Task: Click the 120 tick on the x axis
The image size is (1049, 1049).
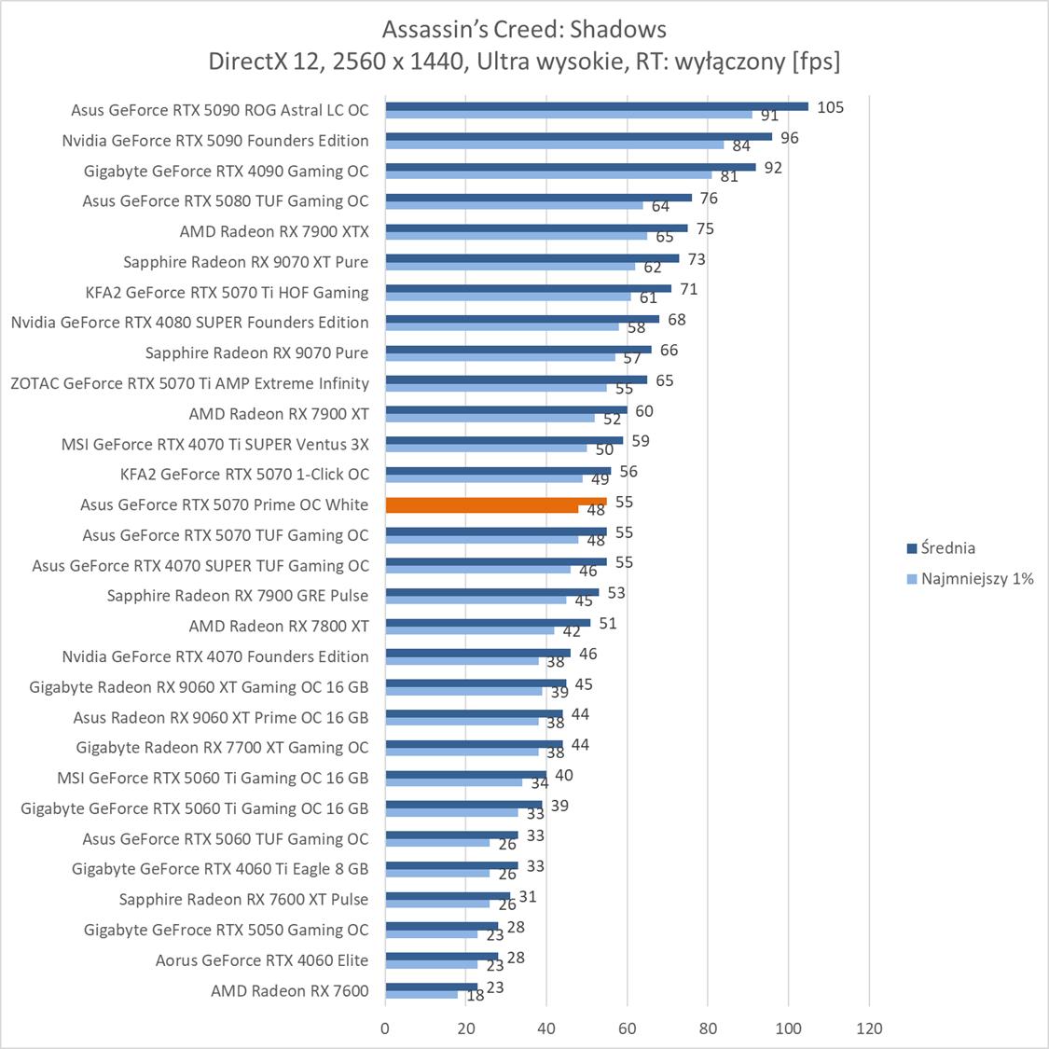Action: coord(869,1028)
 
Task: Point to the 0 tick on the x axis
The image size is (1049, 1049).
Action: coord(385,1028)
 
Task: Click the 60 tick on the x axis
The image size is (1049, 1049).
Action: coord(628,1028)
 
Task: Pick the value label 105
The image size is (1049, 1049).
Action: coord(830,107)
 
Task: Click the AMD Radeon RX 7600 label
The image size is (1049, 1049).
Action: coord(289,990)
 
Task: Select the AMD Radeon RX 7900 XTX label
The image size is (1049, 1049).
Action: coord(273,231)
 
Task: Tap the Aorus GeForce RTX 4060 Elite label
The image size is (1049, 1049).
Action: coord(261,959)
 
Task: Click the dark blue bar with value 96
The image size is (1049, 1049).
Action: coord(578,136)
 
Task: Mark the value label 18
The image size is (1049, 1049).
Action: coord(475,995)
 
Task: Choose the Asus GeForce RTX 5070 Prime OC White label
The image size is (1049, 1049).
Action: coord(224,504)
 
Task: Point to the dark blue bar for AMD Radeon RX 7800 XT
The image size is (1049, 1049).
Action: coord(487,623)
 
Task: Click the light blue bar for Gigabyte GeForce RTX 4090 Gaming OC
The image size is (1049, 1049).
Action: coord(548,174)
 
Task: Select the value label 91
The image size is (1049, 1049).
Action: coord(769,116)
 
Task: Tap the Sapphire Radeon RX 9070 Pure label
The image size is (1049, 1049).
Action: coord(256,352)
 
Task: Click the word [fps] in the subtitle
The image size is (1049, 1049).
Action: coord(815,62)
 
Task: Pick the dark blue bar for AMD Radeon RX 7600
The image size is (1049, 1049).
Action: coord(431,986)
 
